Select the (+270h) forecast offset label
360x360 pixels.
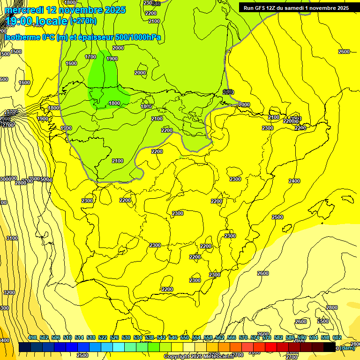(x=83, y=21)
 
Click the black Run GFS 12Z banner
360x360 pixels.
(x=296, y=7)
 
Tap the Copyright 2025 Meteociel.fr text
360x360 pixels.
(x=198, y=357)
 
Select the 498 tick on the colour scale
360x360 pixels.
(x=32, y=337)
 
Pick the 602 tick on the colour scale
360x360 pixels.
(x=337, y=337)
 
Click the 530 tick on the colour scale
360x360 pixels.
(x=126, y=337)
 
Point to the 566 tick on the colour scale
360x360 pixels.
(x=232, y=337)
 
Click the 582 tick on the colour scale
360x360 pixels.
(x=278, y=337)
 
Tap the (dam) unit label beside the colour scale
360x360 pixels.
(x=347, y=348)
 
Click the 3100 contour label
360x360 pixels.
(x=12, y=238)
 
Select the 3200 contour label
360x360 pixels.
(x=9, y=292)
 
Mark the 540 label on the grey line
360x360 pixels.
(x=228, y=91)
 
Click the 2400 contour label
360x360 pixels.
(x=294, y=181)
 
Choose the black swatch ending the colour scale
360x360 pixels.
(x=330, y=347)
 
